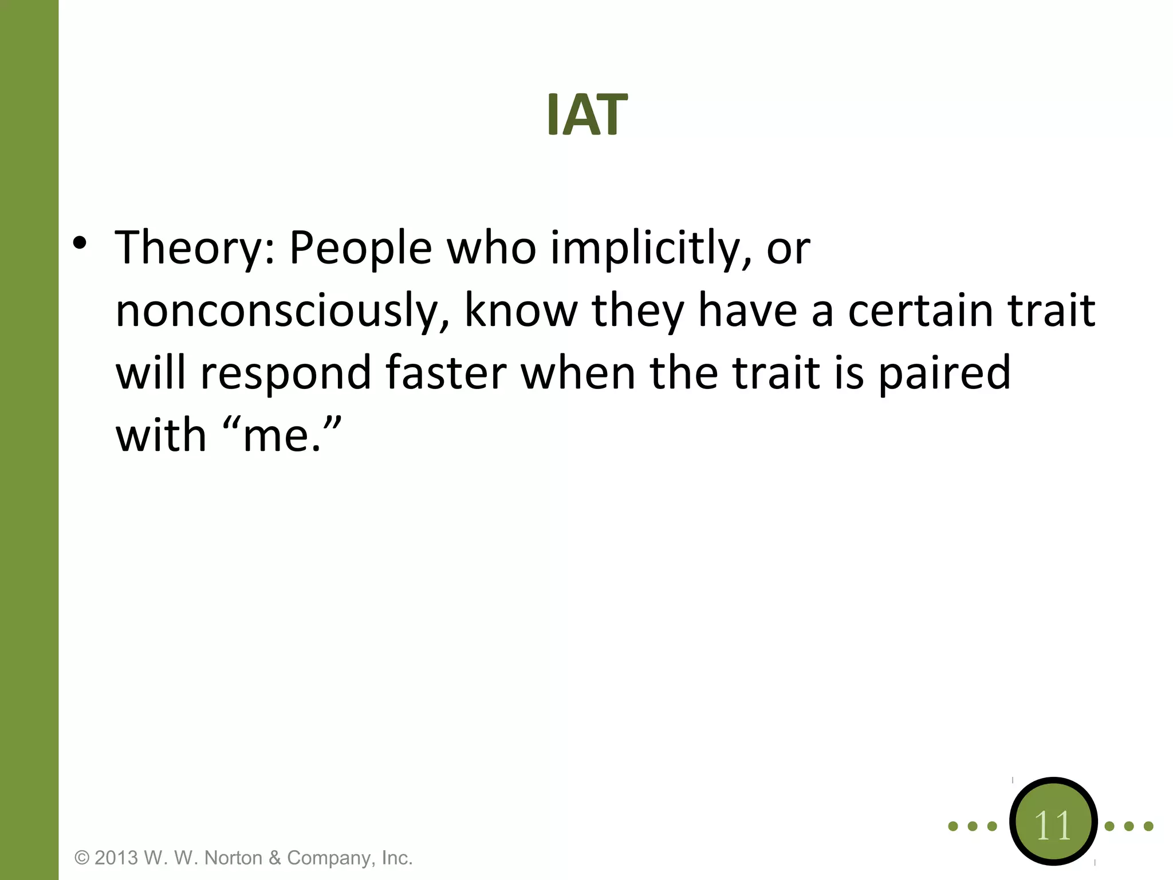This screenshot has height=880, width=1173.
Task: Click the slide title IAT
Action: tap(587, 115)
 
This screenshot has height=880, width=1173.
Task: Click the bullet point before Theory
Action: tap(80, 243)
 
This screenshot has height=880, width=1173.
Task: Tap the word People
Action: tap(360, 249)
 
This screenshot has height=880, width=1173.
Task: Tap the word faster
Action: tap(446, 372)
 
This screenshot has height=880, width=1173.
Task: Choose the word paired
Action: tap(944, 372)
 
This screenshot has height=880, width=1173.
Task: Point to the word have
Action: tap(747, 310)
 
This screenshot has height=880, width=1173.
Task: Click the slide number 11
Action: tap(1053, 826)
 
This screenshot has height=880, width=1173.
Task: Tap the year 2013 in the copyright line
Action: tap(116, 858)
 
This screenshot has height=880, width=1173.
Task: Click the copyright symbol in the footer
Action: tap(82, 858)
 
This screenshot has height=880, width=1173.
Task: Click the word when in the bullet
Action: tap(578, 372)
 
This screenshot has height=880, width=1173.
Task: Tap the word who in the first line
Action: tap(491, 249)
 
